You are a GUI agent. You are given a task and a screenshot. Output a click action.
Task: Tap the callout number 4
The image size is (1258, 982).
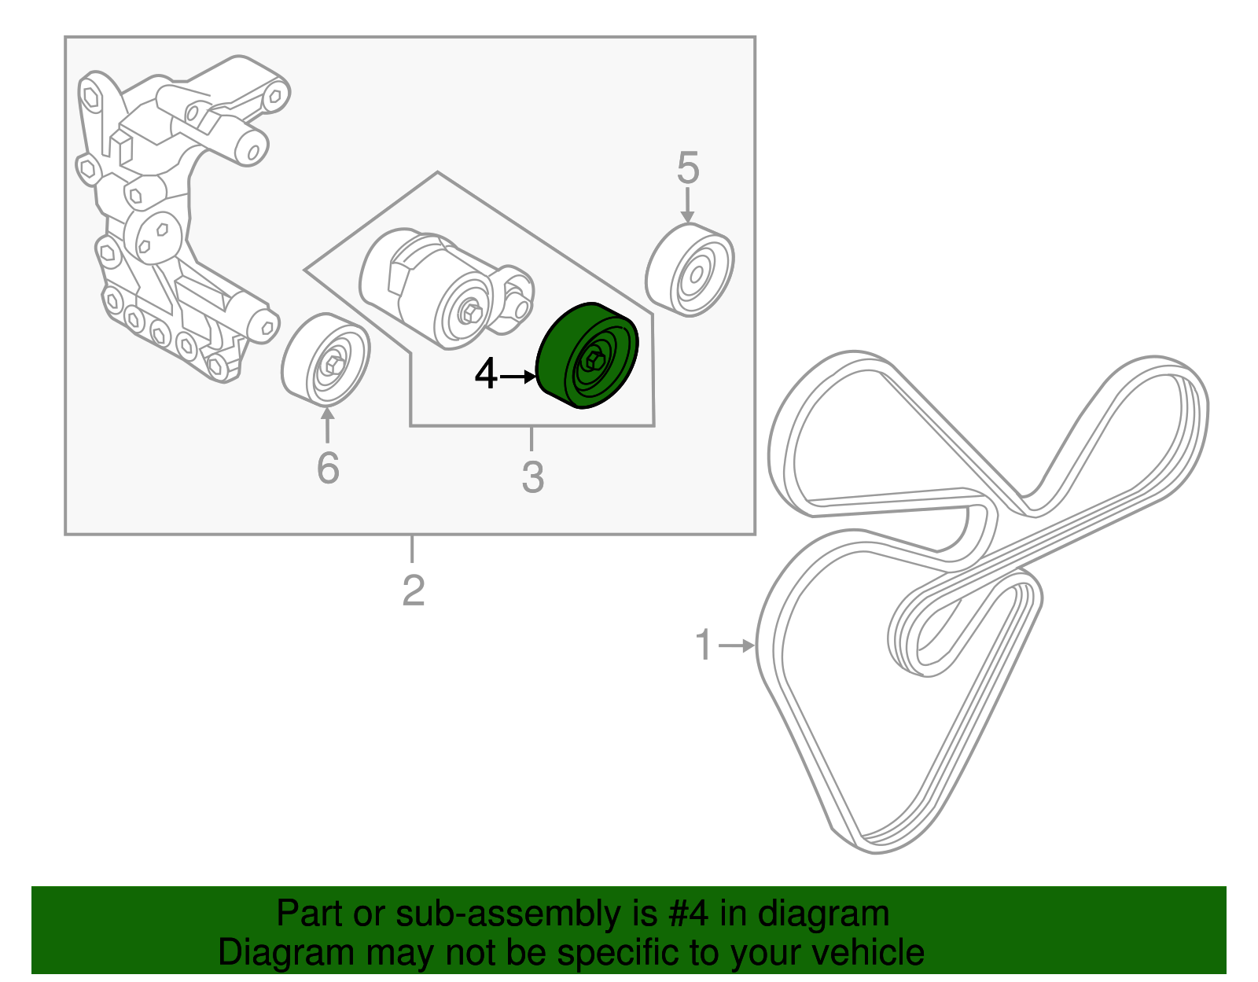[x=486, y=375]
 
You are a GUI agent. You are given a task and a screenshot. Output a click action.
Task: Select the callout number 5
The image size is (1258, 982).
[x=688, y=169]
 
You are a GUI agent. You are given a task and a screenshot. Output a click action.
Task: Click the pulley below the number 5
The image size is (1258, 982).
[x=690, y=270]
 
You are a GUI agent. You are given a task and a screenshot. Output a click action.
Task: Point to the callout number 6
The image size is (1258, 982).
[x=328, y=469]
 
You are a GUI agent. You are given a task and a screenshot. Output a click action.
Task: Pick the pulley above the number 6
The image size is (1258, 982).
[x=326, y=360]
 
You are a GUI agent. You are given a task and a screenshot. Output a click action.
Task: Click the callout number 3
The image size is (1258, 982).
[x=532, y=477]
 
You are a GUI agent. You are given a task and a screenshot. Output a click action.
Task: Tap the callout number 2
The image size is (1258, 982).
[x=413, y=591]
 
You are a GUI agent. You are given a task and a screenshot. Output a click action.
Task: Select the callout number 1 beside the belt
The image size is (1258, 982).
[x=704, y=645]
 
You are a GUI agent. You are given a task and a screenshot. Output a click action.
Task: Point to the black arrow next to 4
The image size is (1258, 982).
[x=518, y=377]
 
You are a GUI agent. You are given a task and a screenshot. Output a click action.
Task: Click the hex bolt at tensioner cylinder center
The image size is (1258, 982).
[x=470, y=312]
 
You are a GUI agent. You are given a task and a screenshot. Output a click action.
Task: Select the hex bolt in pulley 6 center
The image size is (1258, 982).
[x=333, y=365]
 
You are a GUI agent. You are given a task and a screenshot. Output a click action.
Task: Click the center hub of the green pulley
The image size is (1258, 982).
[x=594, y=361]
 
